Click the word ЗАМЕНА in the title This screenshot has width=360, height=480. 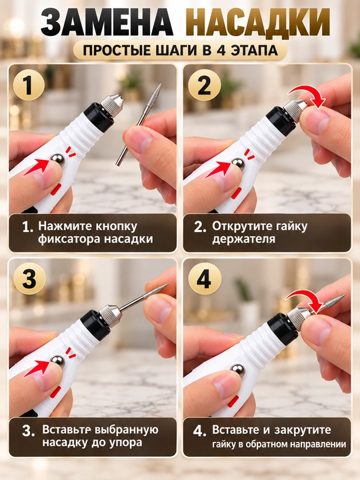[107, 23]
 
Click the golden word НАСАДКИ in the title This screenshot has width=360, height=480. [258, 23]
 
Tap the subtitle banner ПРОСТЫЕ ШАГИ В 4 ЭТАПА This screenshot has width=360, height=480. [180, 51]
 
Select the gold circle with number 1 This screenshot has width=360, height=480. [29, 85]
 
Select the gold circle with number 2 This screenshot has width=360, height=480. [204, 85]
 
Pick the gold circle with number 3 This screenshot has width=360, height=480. [30, 279]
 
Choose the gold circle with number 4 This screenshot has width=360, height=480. [204, 279]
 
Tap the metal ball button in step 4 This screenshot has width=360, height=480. [238, 371]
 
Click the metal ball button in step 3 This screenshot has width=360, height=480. [58, 361]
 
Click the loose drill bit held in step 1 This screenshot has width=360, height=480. [139, 124]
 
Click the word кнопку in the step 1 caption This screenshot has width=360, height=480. [116, 226]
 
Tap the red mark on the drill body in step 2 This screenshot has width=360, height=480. [236, 193]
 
